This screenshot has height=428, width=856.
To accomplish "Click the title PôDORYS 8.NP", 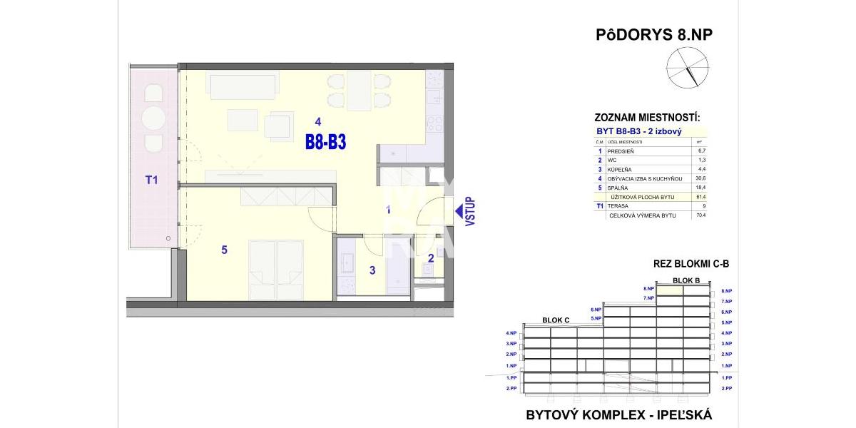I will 654,35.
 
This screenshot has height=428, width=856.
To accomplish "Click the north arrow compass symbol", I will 683,68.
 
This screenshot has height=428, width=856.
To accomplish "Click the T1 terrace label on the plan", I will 151,180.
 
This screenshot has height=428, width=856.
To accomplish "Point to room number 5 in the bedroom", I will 224,250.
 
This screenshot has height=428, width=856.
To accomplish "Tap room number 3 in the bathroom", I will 372,270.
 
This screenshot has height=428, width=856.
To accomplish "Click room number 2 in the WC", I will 431,258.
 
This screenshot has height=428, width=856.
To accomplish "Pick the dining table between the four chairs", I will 360,91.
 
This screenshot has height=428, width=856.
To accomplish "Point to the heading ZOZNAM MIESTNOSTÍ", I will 647,117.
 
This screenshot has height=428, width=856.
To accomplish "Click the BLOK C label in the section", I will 556,320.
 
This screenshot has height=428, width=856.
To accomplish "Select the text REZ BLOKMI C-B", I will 691,264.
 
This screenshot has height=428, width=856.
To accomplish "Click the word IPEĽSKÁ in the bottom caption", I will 676,414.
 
